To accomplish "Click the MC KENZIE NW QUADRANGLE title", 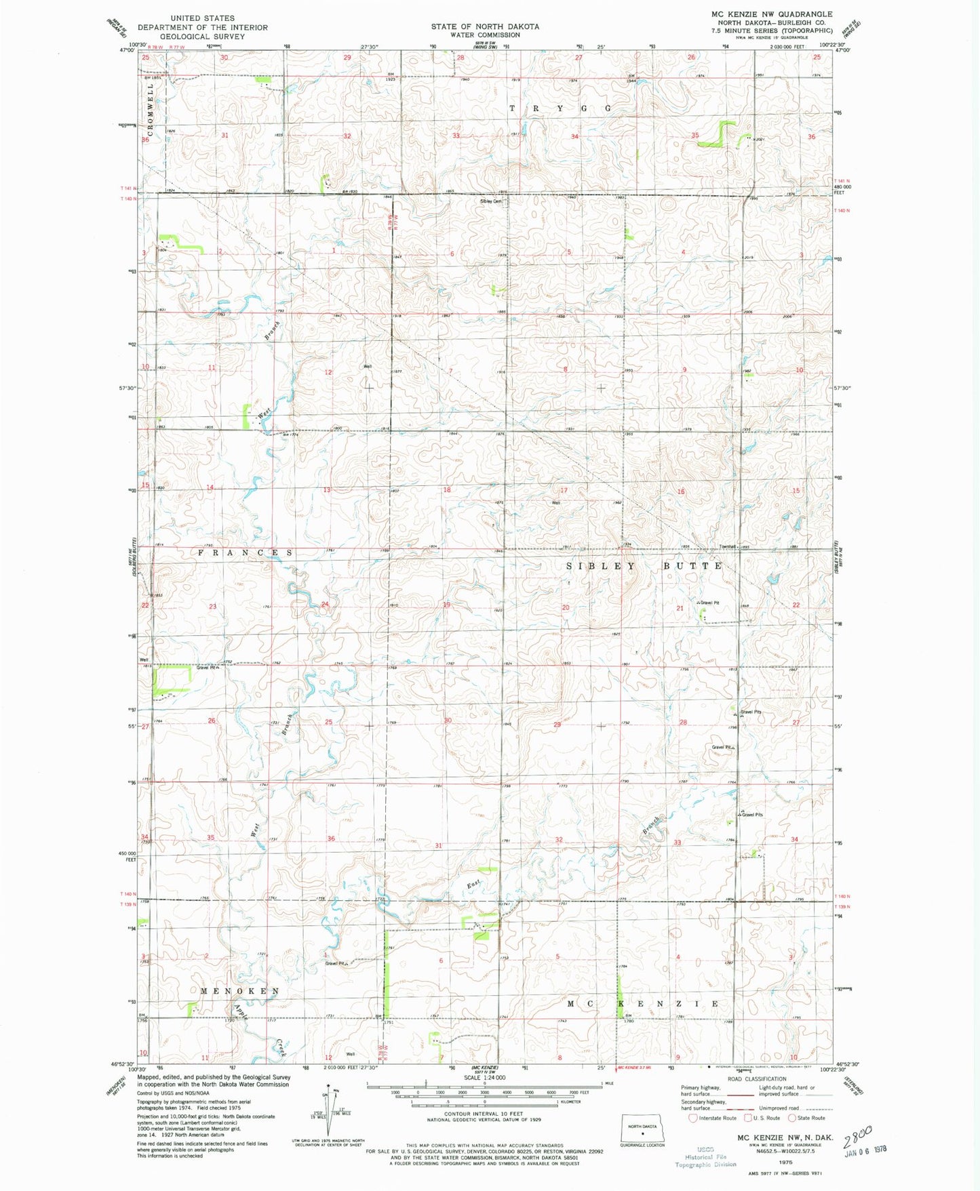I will tap(771, 14).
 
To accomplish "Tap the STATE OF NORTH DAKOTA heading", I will tap(485, 26).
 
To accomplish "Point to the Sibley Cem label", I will tap(491, 201).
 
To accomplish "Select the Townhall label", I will tap(728, 547).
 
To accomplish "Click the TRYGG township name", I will tap(560, 108).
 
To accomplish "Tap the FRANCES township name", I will tap(246, 553).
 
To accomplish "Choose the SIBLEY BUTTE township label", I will tap(644, 565).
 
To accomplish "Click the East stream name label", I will tap(473, 885).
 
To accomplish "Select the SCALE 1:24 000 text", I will tap(484, 1078).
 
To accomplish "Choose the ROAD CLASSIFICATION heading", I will tap(756, 1079).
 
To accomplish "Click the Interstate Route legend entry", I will tap(712, 1118).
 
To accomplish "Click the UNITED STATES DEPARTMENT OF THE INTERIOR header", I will tap(202, 27).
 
